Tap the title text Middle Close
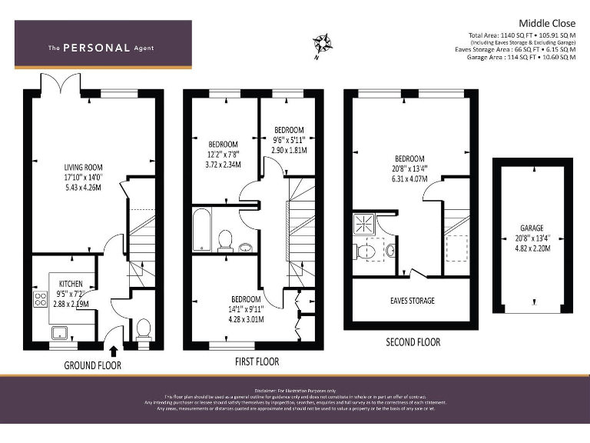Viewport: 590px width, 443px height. point(547,23)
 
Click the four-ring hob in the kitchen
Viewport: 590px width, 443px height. point(41,300)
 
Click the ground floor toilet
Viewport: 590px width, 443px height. point(143,329)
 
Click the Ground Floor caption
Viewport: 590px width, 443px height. point(93,365)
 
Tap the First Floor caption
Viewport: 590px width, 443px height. point(257,361)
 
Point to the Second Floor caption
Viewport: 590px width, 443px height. point(413,341)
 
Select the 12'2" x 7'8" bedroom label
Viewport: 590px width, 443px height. point(223,154)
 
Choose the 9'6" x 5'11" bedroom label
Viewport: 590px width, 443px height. point(289,140)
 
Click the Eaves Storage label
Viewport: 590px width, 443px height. point(411,300)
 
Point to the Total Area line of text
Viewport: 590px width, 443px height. point(522,35)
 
